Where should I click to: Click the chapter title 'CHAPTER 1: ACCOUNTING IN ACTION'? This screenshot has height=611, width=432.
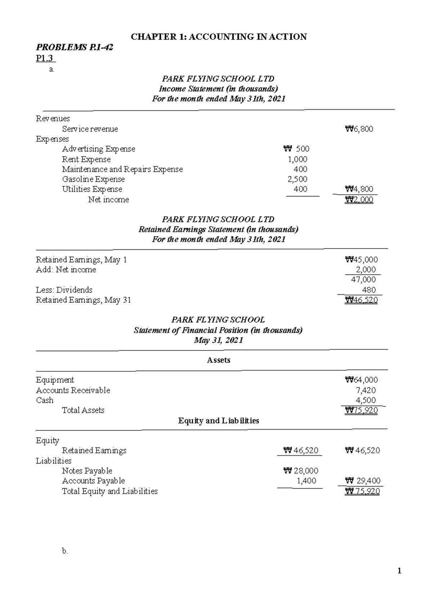(x=219, y=37)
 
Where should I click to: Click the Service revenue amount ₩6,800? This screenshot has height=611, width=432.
(x=359, y=129)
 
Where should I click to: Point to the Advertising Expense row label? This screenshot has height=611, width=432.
(x=99, y=149)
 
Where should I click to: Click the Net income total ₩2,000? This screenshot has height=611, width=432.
(x=359, y=200)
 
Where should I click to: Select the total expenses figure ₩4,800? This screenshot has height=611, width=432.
(x=359, y=189)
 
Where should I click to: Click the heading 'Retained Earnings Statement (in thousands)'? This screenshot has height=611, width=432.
(x=218, y=230)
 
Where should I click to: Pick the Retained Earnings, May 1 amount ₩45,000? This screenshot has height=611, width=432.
(x=361, y=260)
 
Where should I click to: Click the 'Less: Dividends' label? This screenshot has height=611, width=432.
(x=64, y=290)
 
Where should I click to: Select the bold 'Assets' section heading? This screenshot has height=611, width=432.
(x=219, y=360)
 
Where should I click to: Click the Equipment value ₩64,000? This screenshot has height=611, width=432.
(x=361, y=380)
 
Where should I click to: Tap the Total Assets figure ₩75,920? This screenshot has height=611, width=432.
(x=361, y=411)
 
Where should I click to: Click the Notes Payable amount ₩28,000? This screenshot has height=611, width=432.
(x=301, y=471)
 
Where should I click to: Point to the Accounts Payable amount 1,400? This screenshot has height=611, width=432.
(x=306, y=481)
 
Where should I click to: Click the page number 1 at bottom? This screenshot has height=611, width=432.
(x=399, y=571)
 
